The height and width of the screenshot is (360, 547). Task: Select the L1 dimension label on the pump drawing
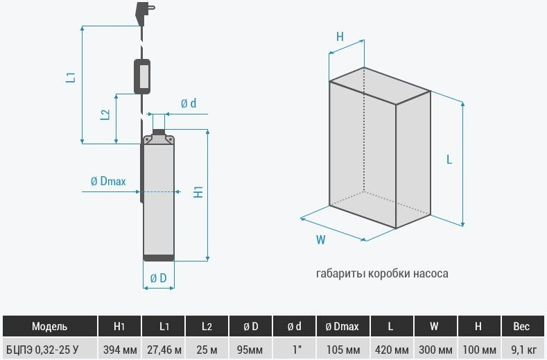coord(71,77)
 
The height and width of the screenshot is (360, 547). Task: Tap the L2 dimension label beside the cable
coord(105,115)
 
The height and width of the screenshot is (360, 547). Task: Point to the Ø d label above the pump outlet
coord(189,103)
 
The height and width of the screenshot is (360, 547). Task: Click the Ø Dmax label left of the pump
coord(108,181)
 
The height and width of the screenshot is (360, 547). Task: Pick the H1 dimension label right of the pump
coord(198,192)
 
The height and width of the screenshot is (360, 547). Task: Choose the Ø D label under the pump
coord(158,278)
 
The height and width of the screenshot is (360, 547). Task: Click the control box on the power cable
coord(142,76)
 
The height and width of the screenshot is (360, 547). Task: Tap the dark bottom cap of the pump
coord(159,258)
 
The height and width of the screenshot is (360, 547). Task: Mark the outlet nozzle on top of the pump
coord(159,132)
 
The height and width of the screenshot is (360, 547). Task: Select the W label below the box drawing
coord(320,240)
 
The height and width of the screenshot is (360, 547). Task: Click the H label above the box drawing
coord(340,36)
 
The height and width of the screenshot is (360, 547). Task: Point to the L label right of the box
coord(449,160)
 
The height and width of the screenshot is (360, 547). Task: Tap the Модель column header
coord(49,326)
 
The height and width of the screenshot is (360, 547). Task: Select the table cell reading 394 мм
coord(120,349)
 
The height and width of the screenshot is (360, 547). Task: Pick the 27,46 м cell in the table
coord(164,349)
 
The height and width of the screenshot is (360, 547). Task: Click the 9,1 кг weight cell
coord(523,349)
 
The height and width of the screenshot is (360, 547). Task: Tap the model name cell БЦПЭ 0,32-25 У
coord(42,349)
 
